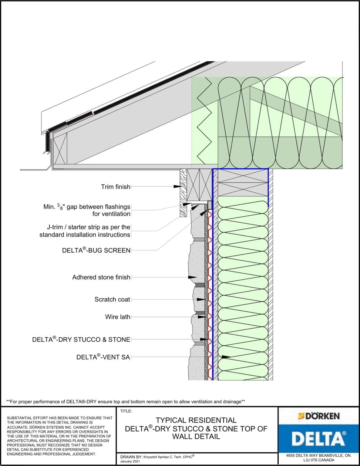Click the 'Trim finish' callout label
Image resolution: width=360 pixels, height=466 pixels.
pyautogui.click(x=116, y=187)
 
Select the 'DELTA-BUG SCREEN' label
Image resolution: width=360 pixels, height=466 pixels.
pyautogui.click(x=96, y=250)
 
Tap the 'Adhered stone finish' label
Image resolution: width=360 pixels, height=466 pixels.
pyautogui.click(x=101, y=277)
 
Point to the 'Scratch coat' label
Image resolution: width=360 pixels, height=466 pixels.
pyautogui.click(x=112, y=299)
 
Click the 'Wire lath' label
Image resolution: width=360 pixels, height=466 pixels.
pyautogui.click(x=118, y=317)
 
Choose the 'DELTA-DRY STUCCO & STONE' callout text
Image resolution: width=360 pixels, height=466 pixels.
pyautogui.click(x=81, y=339)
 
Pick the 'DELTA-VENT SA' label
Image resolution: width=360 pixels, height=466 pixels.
pyautogui.click(x=103, y=357)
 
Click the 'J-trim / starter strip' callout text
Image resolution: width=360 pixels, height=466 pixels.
pyautogui.click(x=85, y=231)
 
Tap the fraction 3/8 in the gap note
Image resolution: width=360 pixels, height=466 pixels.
pyautogui.click(x=60, y=207)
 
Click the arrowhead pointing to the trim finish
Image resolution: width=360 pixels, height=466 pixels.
pyautogui.click(x=177, y=186)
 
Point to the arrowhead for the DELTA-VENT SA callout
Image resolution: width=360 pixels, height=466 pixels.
pyautogui.click(x=226, y=357)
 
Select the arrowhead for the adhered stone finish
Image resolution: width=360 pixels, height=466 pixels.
pyautogui.click(x=192, y=277)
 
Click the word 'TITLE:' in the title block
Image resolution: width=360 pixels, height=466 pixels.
pyautogui.click(x=126, y=411)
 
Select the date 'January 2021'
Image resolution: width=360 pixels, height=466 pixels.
pyautogui.click(x=130, y=461)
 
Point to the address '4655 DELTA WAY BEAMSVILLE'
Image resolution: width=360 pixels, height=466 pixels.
pyautogui.click(x=318, y=455)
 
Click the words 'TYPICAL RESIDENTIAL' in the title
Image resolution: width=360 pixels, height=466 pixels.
pyautogui.click(x=196, y=420)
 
